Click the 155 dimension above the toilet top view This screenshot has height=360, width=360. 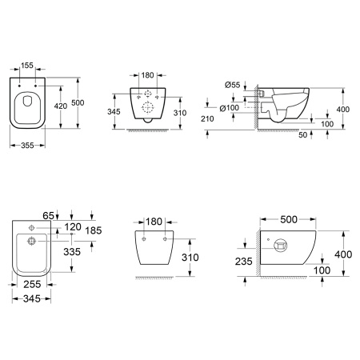(x=27, y=65)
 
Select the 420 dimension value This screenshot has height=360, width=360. (x=61, y=106)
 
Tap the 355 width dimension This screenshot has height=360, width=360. (x=27, y=146)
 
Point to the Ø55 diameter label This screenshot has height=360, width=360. (x=232, y=85)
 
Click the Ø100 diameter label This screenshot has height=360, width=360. (x=230, y=108)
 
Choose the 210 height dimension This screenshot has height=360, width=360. (x=207, y=118)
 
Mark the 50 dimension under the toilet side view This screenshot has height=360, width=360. (x=302, y=135)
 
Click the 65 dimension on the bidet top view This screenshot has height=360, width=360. (x=48, y=215)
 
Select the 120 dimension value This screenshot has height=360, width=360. (x=73, y=226)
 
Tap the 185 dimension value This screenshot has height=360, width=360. (x=94, y=230)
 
